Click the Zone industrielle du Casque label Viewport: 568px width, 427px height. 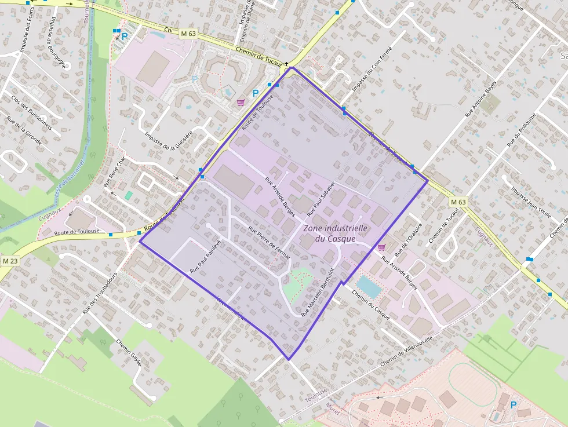(x=335, y=233)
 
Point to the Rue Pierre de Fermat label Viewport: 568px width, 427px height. (x=268, y=243)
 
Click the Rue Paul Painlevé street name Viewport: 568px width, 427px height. (x=206, y=257)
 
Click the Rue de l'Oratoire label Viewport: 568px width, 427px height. (x=408, y=241)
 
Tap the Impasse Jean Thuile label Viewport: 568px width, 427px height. (x=531, y=199)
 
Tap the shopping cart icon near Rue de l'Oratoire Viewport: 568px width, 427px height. (x=381, y=247)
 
